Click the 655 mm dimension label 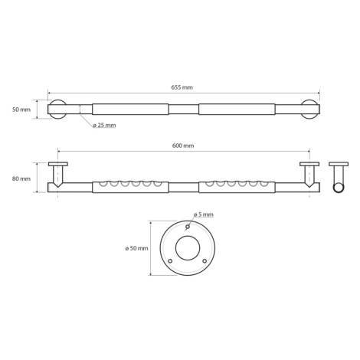pos(182,87)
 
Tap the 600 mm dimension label pos(183,146)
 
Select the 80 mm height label pos(21,178)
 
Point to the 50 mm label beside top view pos(21,110)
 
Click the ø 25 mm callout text pos(104,126)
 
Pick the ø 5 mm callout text pos(203,214)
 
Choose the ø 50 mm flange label pos(136,248)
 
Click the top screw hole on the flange pos(188,227)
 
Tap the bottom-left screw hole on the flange pos(170,261)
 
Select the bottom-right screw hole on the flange pos(205,261)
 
